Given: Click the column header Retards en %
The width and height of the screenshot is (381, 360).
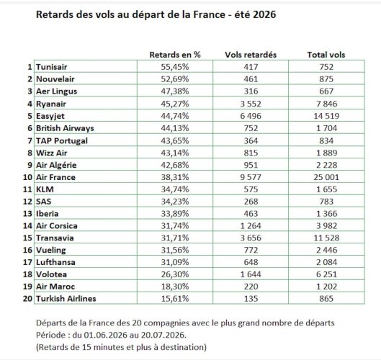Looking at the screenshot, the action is pyautogui.click(x=175, y=55).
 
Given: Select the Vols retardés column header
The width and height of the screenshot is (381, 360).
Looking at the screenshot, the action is pyautogui.click(x=251, y=55).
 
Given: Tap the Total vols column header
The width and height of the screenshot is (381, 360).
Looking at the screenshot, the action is pyautogui.click(x=326, y=55).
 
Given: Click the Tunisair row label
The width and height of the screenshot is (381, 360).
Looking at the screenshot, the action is pyautogui.click(x=52, y=67).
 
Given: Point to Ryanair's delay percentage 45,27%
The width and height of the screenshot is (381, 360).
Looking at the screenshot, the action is pyautogui.click(x=175, y=104).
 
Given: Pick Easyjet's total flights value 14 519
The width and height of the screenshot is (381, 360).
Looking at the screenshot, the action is pyautogui.click(x=326, y=116).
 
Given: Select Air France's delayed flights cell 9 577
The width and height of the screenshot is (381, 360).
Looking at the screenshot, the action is pyautogui.click(x=251, y=177).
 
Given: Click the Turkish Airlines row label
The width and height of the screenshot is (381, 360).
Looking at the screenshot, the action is pyautogui.click(x=66, y=299).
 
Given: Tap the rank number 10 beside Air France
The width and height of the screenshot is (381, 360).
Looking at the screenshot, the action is pyautogui.click(x=27, y=177).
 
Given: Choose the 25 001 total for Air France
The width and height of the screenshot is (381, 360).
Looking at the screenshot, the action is pyautogui.click(x=326, y=177).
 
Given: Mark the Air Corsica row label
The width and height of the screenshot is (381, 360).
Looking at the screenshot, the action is pyautogui.click(x=57, y=225).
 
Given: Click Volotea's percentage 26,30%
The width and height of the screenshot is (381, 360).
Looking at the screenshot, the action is pyautogui.click(x=175, y=274).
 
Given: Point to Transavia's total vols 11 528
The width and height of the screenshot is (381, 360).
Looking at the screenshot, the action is pyautogui.click(x=326, y=238).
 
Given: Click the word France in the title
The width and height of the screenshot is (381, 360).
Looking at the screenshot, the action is pyautogui.click(x=209, y=14).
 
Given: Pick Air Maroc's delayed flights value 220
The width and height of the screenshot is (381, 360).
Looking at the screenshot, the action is pyautogui.click(x=251, y=287).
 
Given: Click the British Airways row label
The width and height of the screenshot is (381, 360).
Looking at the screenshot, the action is pyautogui.click(x=65, y=128).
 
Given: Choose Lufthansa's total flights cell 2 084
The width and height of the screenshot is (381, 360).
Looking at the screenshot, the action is pyautogui.click(x=326, y=262).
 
